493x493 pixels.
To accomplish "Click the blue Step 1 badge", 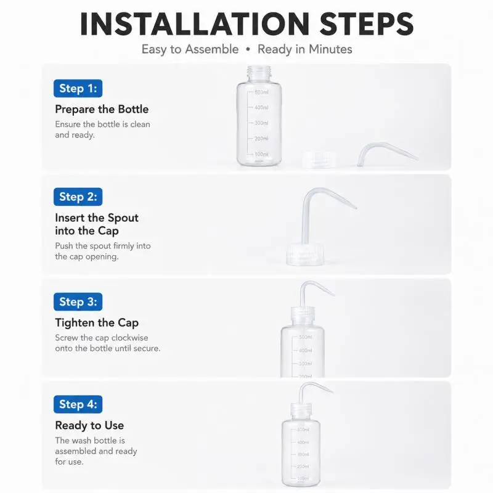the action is [x=78, y=88].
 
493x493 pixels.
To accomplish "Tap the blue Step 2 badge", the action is [x=78, y=197].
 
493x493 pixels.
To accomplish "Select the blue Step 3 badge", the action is [x=78, y=302].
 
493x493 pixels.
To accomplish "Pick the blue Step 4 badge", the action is [x=78, y=404].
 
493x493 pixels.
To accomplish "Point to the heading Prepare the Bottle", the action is [x=102, y=109].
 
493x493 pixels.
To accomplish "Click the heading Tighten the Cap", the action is [x=97, y=323].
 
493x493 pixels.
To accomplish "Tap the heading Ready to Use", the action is [x=89, y=425].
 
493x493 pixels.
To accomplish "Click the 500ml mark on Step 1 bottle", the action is [x=261, y=92].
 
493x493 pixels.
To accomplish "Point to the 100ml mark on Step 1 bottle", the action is [x=261, y=155].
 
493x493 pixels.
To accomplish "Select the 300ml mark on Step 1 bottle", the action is [x=261, y=123].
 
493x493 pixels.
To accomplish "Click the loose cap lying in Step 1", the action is [x=319, y=160].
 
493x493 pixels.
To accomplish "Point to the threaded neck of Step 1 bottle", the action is [x=259, y=73].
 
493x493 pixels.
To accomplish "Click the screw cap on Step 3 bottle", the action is [x=303, y=314].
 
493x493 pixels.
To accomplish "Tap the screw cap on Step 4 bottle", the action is [x=301, y=410].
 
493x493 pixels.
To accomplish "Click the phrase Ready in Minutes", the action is [x=304, y=49].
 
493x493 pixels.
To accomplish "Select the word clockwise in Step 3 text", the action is [x=130, y=338].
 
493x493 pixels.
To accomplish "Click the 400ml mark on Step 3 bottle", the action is [x=305, y=350].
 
